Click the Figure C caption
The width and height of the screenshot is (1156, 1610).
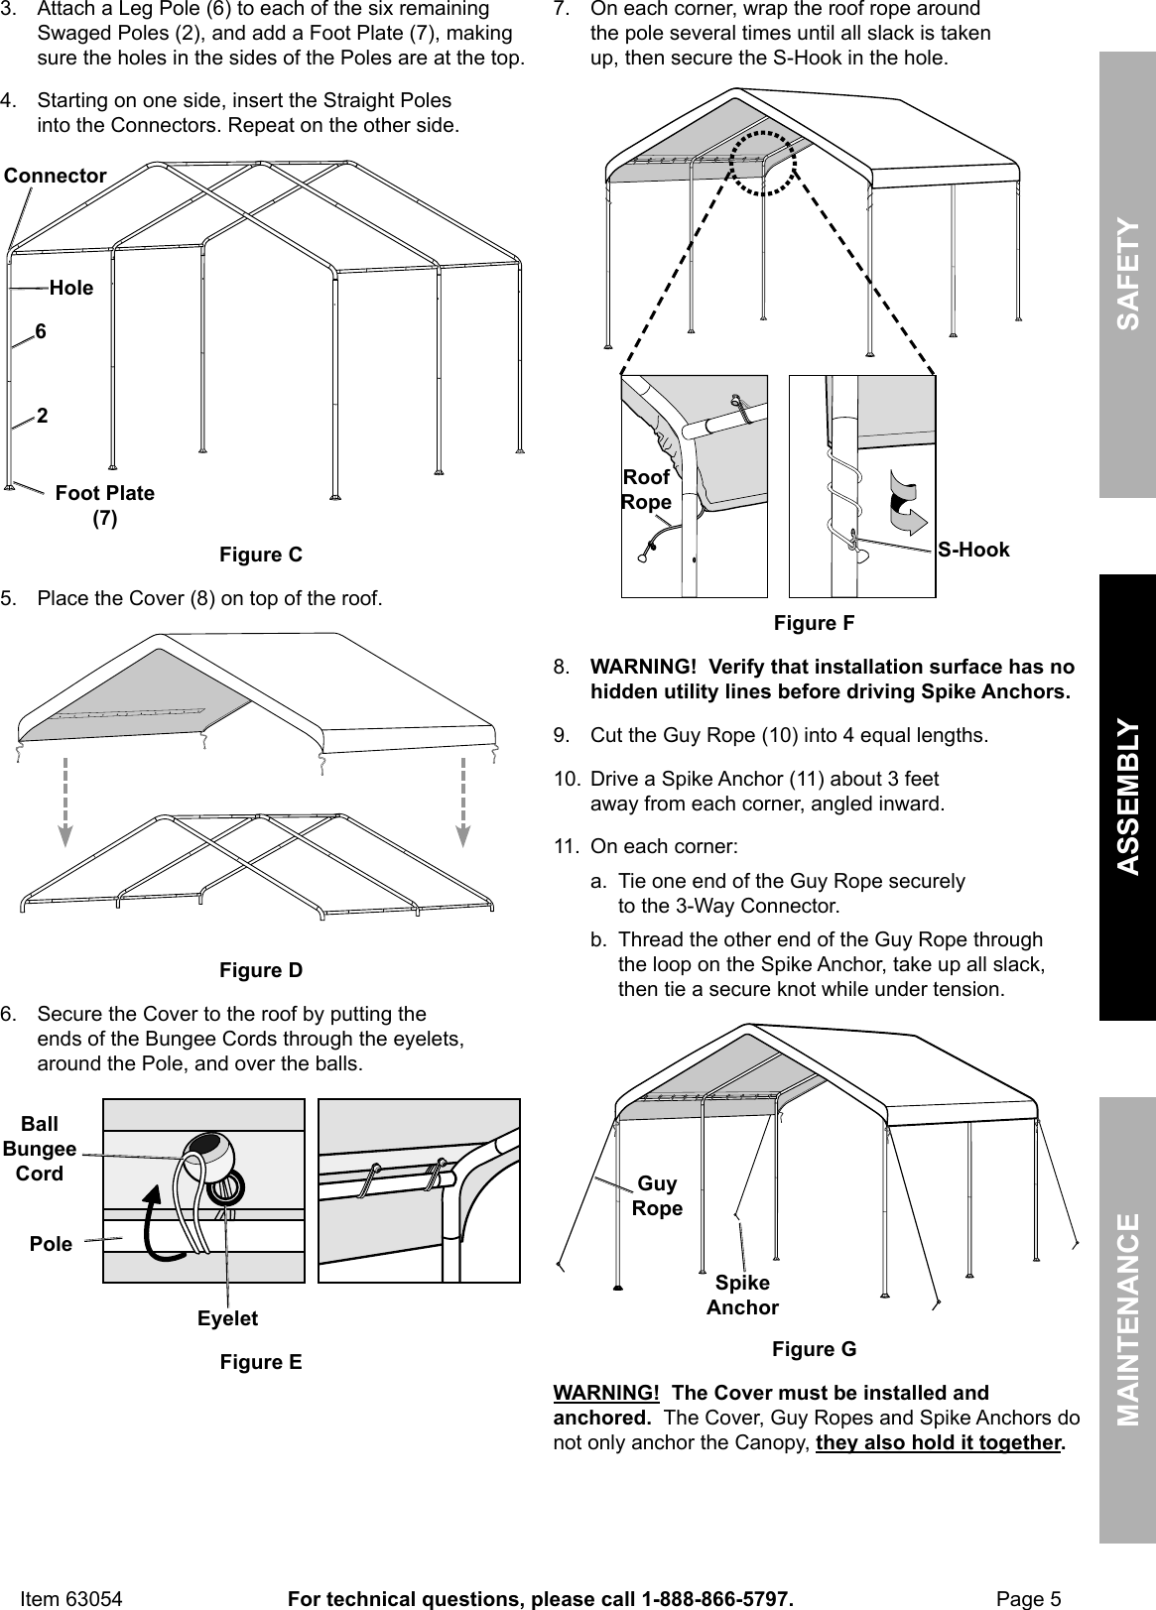260,555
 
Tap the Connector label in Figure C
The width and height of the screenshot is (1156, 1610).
56,176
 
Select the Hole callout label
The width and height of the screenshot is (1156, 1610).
71,288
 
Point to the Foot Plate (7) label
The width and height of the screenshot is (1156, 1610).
104,505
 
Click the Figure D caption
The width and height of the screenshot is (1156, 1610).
260,970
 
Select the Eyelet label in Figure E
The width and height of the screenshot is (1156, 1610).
227,1318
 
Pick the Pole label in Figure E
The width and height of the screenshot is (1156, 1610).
52,1244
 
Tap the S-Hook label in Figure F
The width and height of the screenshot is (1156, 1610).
973,550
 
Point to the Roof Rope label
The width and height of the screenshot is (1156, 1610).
645,490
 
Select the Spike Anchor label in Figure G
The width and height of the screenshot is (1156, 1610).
742,1295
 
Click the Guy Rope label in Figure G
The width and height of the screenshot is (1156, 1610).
657,1195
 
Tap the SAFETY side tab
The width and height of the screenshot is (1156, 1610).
1128,275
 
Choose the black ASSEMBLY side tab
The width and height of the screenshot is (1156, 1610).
1128,797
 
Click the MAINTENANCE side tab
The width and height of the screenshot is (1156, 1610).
1128,1319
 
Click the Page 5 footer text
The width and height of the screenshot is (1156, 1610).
1028,1598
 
